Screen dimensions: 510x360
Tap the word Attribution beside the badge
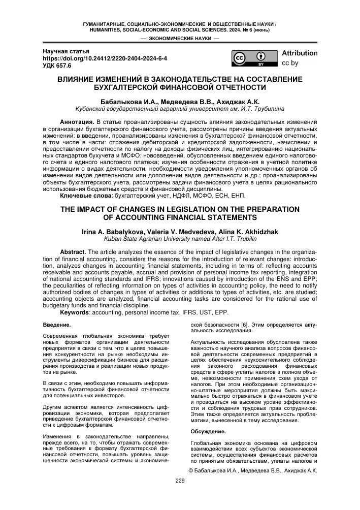[x=299, y=53]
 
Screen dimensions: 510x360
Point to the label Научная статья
[x=66, y=51]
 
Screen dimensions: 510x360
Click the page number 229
[x=180, y=480]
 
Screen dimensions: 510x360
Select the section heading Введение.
[x=57, y=324]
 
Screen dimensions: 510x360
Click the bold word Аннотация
[x=77, y=122]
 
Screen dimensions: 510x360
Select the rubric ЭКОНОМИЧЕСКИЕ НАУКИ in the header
[x=180, y=38]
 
